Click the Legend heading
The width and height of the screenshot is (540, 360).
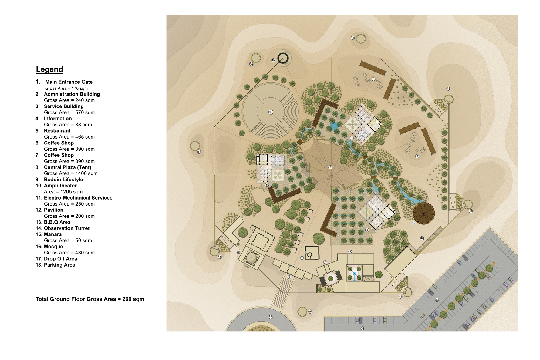49,69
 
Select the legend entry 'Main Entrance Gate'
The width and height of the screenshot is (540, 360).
69,82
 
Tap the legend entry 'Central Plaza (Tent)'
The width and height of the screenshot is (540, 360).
67,167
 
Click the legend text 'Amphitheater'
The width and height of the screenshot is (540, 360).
60,186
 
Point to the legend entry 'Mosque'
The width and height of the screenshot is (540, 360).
53,247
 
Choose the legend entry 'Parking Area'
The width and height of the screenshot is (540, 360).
59,265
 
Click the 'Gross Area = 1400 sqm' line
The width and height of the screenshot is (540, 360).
71,173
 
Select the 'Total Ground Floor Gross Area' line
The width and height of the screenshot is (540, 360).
90,299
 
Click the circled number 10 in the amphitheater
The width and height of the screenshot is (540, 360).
271,112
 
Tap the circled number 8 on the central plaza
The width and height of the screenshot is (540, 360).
330,167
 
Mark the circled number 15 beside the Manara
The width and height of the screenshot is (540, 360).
273,60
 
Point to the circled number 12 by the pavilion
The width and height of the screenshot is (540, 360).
414,223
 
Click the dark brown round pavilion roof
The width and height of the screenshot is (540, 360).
424,213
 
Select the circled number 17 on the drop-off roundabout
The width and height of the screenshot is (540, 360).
271,317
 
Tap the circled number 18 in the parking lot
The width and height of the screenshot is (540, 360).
437,300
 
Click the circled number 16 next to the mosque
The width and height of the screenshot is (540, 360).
238,253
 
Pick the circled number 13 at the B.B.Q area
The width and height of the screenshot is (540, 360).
422,238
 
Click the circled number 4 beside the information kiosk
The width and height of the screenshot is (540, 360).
302,258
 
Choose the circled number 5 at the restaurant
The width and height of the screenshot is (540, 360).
367,230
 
